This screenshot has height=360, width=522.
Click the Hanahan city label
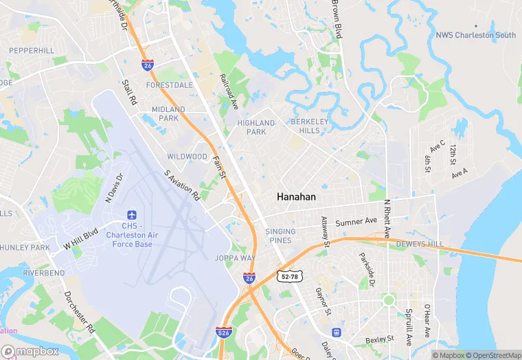click(x=296, y=196)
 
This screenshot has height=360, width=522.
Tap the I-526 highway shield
click(x=223, y=331)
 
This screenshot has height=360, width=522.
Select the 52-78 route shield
click(x=288, y=276)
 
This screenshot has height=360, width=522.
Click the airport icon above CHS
click(x=133, y=216)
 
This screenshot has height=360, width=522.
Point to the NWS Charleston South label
click(x=475, y=35)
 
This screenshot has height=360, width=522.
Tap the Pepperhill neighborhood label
click(x=32, y=51)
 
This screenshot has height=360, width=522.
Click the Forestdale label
click(x=169, y=85)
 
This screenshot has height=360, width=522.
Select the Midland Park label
click(x=168, y=113)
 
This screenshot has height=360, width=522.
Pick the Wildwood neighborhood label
click(x=187, y=157)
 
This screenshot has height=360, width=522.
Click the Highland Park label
click(x=256, y=127)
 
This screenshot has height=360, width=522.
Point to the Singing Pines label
click(x=280, y=236)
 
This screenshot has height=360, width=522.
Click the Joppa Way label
click(x=236, y=258)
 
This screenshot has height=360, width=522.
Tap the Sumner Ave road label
click(x=356, y=222)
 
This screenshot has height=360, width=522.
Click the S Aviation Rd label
click(x=181, y=185)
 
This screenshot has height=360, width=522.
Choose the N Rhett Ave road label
click(x=387, y=218)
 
